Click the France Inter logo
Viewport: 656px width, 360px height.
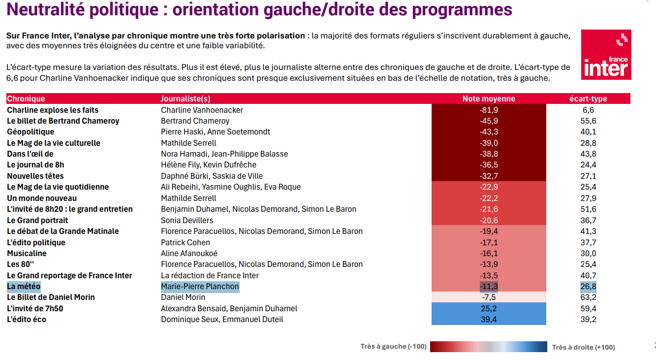click(x=606, y=55)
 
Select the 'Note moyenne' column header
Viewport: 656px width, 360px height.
click(x=489, y=98)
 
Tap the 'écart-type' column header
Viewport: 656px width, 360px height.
click(x=588, y=98)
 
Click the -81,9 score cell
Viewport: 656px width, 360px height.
click(x=489, y=110)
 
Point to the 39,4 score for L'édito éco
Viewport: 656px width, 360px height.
click(x=489, y=320)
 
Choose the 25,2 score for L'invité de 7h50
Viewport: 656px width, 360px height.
click(x=489, y=309)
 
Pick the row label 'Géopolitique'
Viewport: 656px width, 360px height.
click(x=31, y=132)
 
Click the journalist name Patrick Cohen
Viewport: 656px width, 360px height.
click(x=186, y=242)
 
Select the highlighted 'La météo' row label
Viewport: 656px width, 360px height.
click(x=24, y=287)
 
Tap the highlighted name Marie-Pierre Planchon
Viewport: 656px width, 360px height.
click(x=200, y=287)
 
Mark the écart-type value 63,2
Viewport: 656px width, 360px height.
click(x=588, y=297)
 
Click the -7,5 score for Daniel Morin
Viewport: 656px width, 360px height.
click(x=489, y=297)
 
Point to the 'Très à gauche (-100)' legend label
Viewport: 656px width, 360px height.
click(x=393, y=347)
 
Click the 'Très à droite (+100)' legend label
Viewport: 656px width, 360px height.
click(x=583, y=347)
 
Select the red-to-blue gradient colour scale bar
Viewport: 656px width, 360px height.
click(x=488, y=347)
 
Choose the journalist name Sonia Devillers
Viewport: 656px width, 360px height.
click(x=187, y=220)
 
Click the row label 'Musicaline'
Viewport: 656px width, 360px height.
click(x=27, y=253)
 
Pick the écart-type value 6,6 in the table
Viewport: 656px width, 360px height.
click(x=588, y=110)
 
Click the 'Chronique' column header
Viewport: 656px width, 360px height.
click(x=26, y=98)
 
